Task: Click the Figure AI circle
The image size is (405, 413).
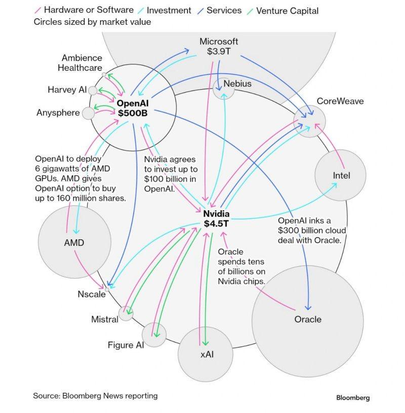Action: pyautogui.click(x=154, y=334)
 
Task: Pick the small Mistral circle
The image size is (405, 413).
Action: pyautogui.click(x=126, y=314)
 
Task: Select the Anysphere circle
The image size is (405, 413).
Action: pyautogui.click(x=89, y=112)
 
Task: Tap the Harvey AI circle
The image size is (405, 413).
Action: pyautogui.click(x=93, y=90)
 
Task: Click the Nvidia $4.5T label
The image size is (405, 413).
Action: pyautogui.click(x=217, y=218)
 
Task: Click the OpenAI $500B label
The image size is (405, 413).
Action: pyautogui.click(x=132, y=108)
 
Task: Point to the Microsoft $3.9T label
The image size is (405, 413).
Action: pyautogui.click(x=218, y=47)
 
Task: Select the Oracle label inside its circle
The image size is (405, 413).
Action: pyautogui.click(x=308, y=319)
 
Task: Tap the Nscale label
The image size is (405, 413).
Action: pyautogui.click(x=92, y=294)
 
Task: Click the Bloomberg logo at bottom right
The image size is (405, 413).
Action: pyautogui.click(x=353, y=398)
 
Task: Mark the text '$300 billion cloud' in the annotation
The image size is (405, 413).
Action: pyautogui.click(x=312, y=231)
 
